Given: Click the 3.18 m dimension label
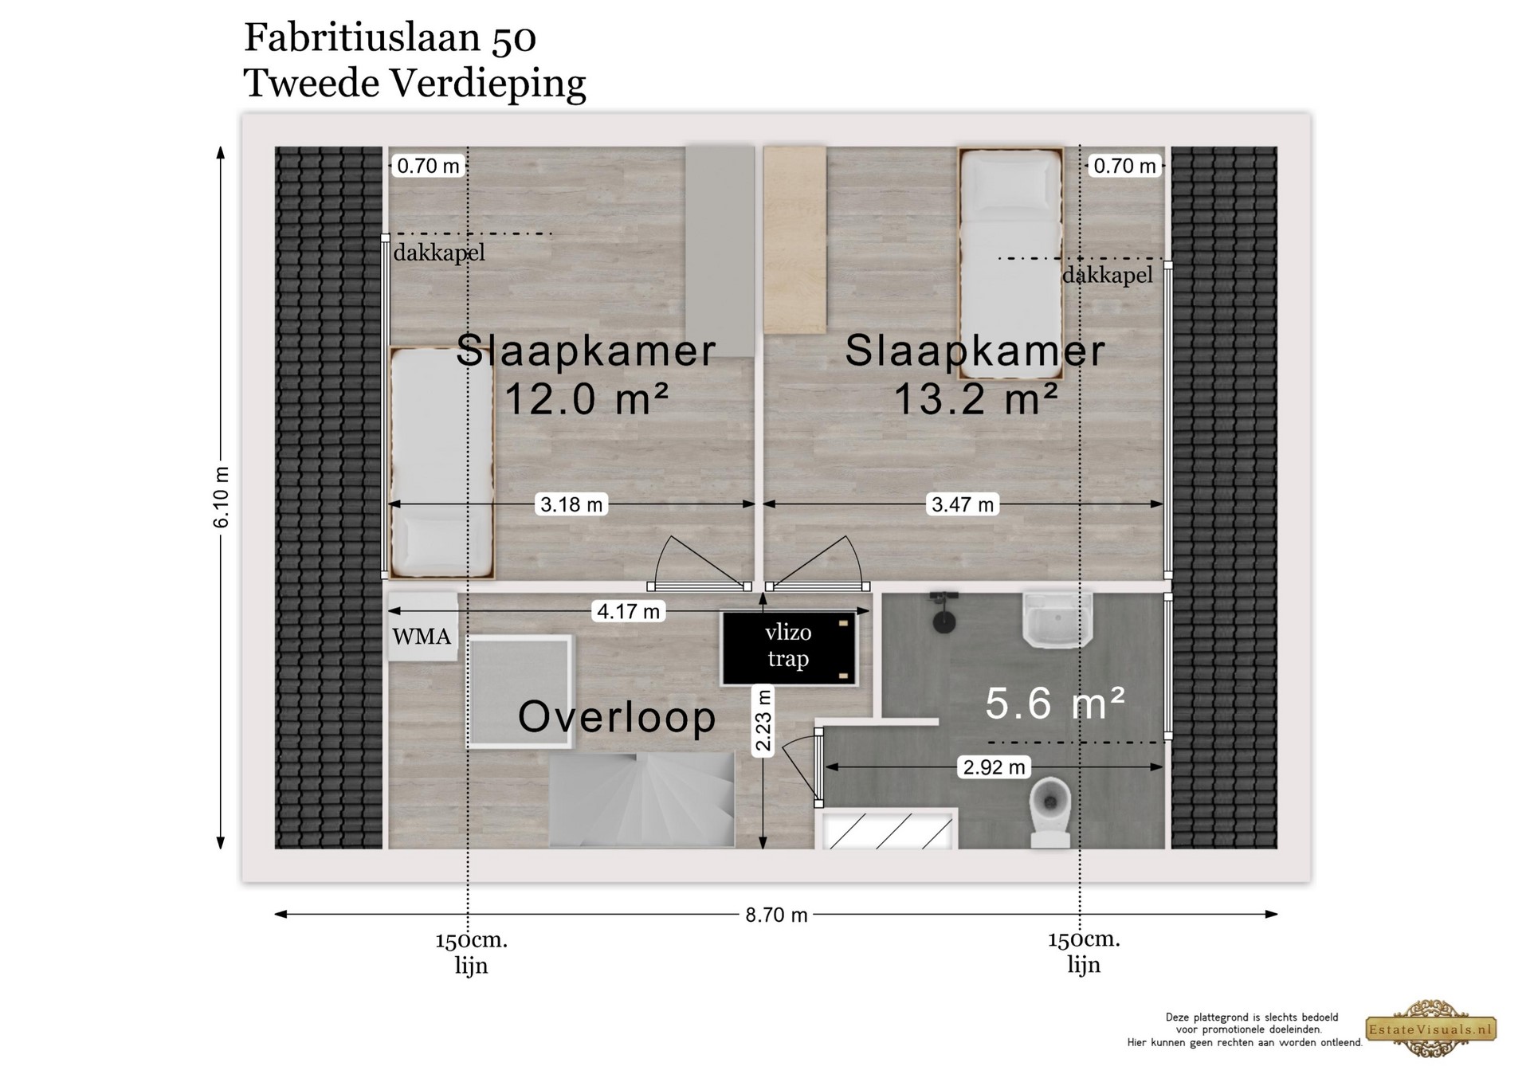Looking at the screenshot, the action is pyautogui.click(x=571, y=504).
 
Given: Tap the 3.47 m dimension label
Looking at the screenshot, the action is pyautogui.click(x=963, y=504).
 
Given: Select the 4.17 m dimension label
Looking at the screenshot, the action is pyautogui.click(x=629, y=611).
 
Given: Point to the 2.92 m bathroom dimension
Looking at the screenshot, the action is pyautogui.click(x=994, y=767).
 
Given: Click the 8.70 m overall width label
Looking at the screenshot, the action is pyautogui.click(x=776, y=915).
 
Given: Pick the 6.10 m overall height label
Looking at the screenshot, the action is pyautogui.click(x=222, y=497).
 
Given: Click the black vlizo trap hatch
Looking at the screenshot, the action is pyautogui.click(x=788, y=647).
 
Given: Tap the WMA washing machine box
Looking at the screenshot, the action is pyautogui.click(x=422, y=627).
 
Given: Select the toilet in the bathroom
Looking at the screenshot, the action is pyautogui.click(x=1050, y=812).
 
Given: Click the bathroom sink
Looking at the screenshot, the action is pyautogui.click(x=1057, y=620).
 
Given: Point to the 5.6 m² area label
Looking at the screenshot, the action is pyautogui.click(x=1055, y=703).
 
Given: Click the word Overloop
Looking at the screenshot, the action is pyautogui.click(x=617, y=716).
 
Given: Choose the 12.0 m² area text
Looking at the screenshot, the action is pyautogui.click(x=586, y=398).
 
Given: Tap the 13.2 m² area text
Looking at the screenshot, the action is pyautogui.click(x=975, y=398).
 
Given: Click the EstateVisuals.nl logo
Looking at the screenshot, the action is pyautogui.click(x=1431, y=1029).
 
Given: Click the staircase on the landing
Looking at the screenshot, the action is pyautogui.click(x=641, y=799).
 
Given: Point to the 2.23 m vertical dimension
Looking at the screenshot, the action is pyautogui.click(x=763, y=721).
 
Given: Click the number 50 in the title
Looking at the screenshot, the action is pyautogui.click(x=513, y=38).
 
